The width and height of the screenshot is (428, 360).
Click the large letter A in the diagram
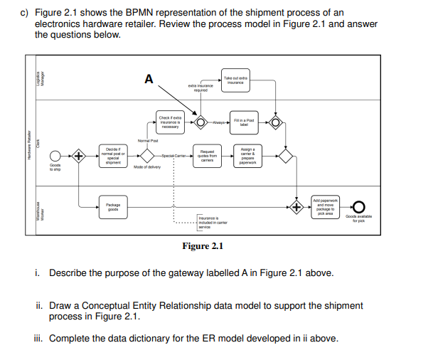(x=148, y=79)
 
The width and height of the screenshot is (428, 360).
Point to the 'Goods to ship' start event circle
(x=55, y=155)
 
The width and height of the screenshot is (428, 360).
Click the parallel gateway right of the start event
(x=79, y=155)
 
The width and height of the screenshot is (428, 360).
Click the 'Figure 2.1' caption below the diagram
(x=203, y=246)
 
